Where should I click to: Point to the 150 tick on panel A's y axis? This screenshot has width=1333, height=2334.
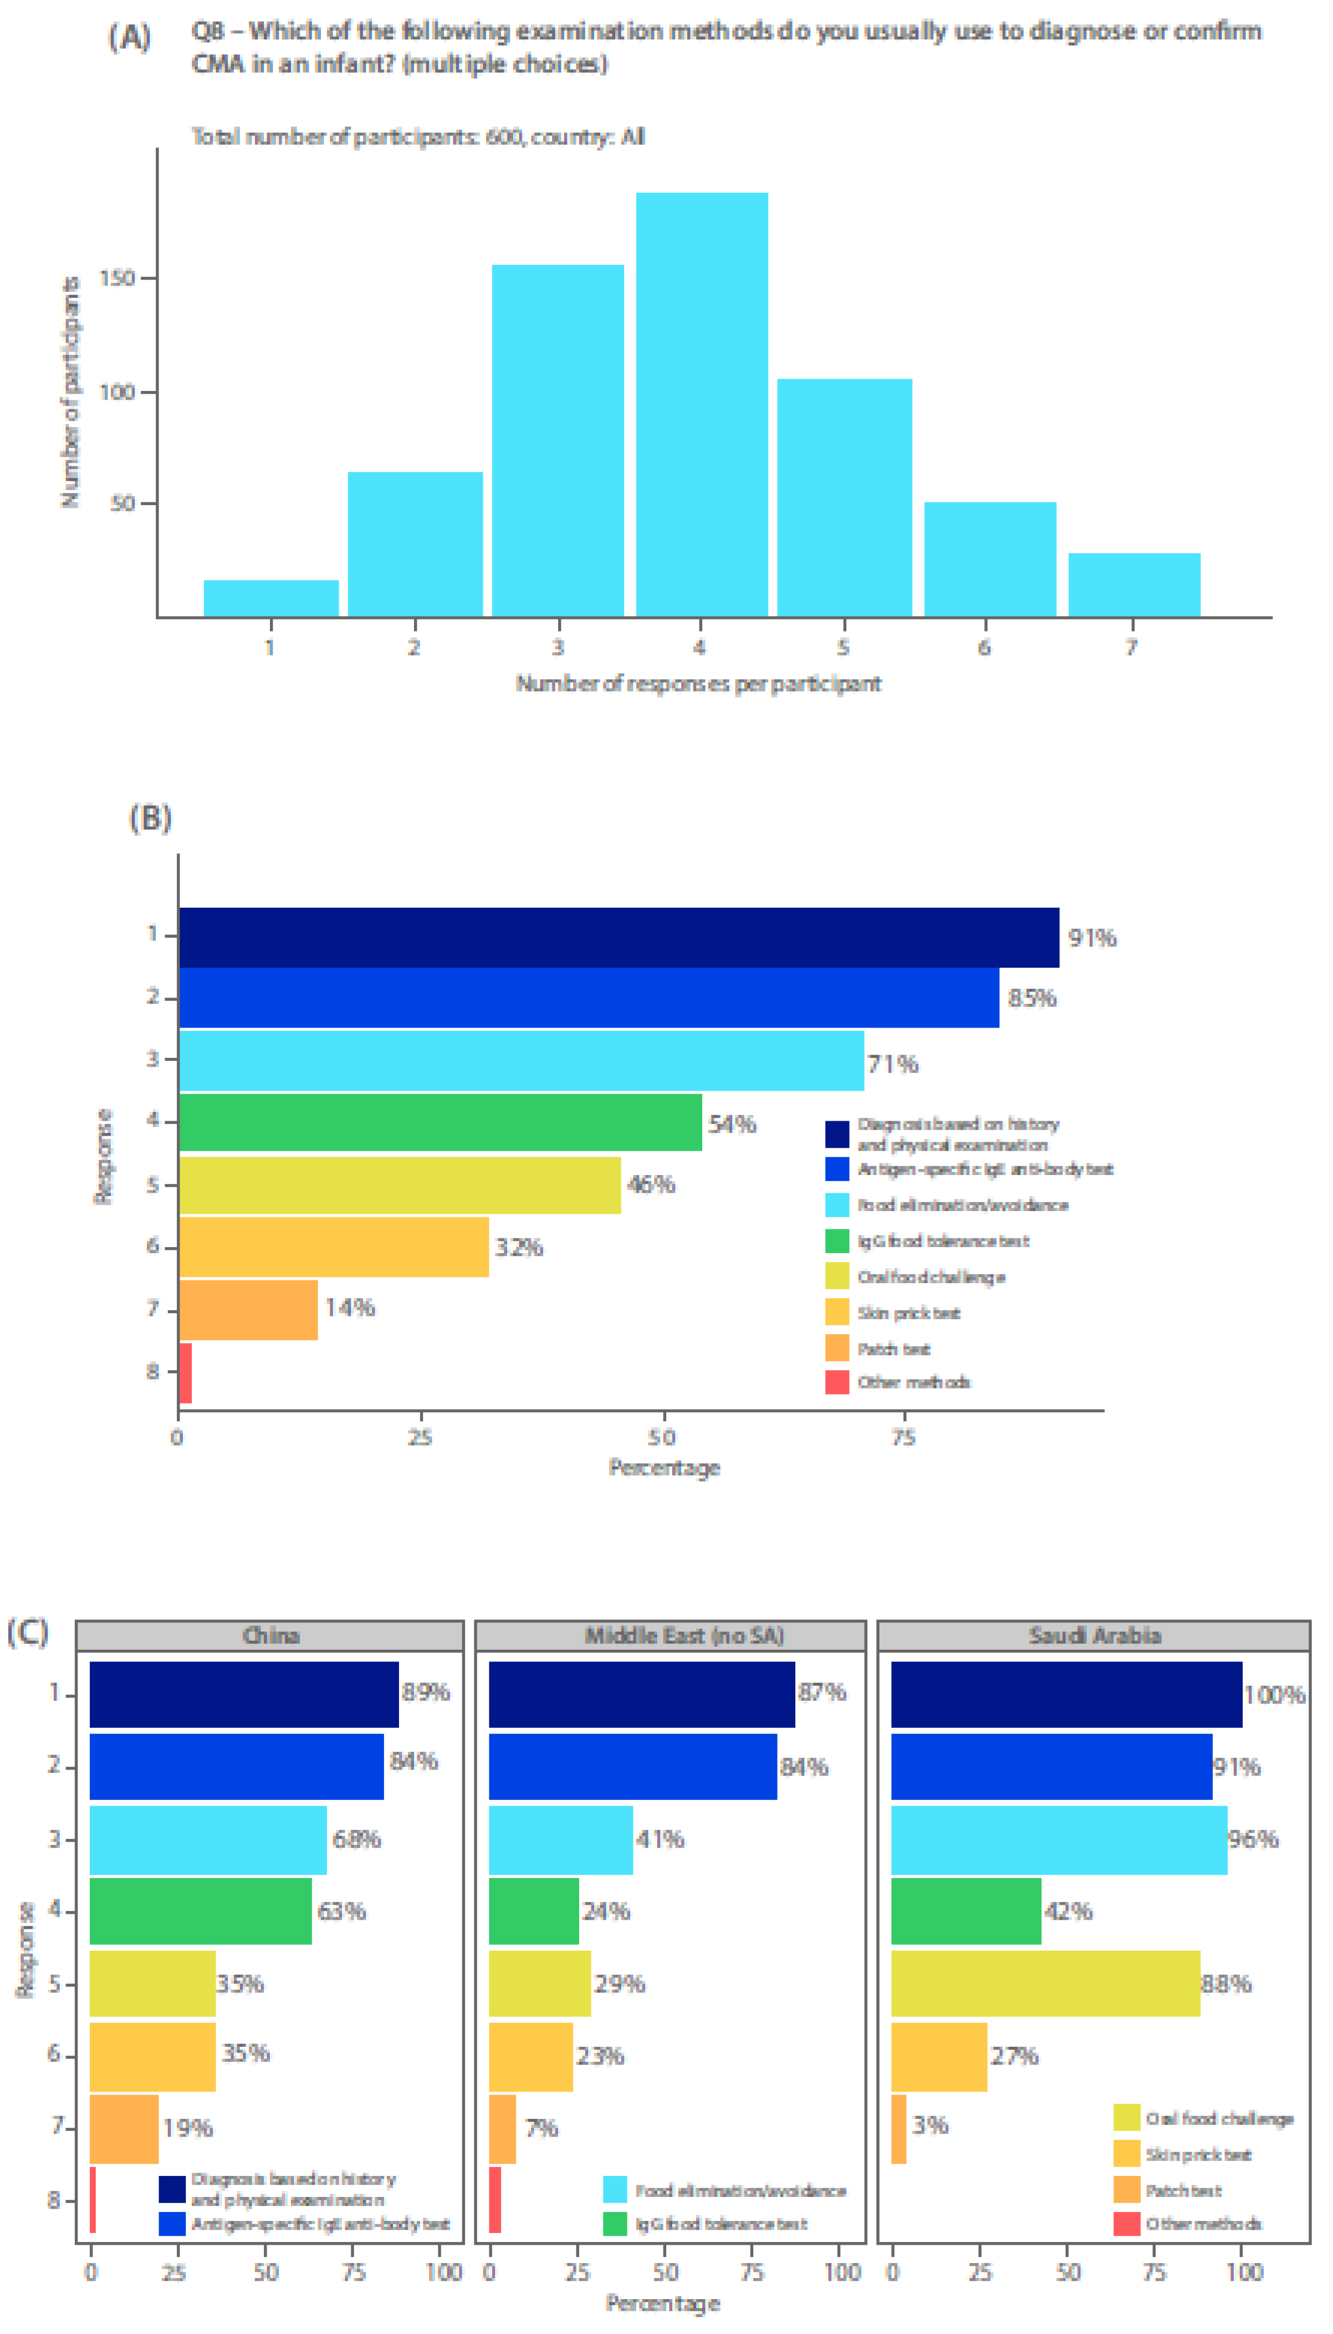tap(117, 278)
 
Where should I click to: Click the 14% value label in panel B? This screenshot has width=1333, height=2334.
tap(350, 1308)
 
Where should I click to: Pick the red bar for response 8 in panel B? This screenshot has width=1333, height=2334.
tap(185, 1372)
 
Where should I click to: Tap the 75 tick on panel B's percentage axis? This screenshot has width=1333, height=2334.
tap(903, 1437)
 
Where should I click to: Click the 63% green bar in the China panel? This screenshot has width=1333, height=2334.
tap(201, 1911)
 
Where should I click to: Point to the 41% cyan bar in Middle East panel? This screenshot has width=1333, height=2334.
tap(560, 1839)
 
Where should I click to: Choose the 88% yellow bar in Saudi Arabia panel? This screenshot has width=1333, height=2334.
tap(1045, 1984)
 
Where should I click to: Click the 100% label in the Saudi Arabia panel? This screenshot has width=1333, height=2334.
tap(1274, 1695)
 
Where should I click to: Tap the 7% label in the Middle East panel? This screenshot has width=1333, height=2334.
tap(541, 2128)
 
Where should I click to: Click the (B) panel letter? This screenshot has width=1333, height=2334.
tap(150, 818)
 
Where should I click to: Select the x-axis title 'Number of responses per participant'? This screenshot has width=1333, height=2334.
tap(698, 683)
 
